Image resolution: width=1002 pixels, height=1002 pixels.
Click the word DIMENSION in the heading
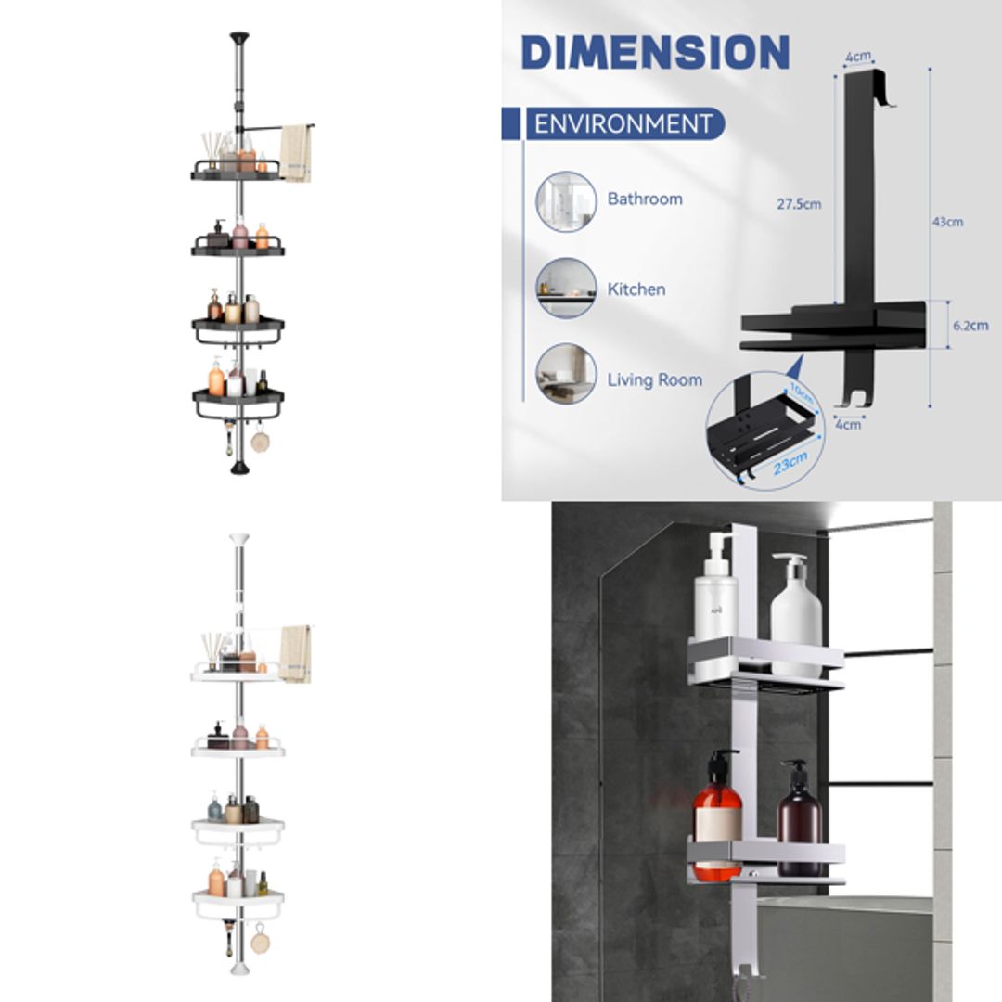tap(655, 53)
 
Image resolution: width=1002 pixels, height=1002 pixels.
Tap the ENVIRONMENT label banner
tap(623, 123)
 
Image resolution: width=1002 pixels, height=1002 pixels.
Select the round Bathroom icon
tap(566, 200)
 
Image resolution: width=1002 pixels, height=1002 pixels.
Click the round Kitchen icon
tap(566, 289)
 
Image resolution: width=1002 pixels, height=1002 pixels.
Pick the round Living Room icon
tap(566, 374)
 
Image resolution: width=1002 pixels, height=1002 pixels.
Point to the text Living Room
tap(654, 379)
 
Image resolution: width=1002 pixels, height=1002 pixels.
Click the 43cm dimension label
tap(947, 222)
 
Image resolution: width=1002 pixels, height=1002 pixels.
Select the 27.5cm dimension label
tap(799, 205)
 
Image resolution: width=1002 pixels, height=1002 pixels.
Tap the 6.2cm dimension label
tap(969, 326)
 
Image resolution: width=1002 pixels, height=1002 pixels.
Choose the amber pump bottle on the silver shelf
tap(718, 817)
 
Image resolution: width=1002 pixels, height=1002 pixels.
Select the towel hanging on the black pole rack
tap(295, 152)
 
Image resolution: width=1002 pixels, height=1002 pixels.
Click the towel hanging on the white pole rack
tap(295, 653)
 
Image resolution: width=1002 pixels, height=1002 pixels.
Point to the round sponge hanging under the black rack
tap(260, 441)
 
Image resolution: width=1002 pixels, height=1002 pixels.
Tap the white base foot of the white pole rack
tap(239, 968)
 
